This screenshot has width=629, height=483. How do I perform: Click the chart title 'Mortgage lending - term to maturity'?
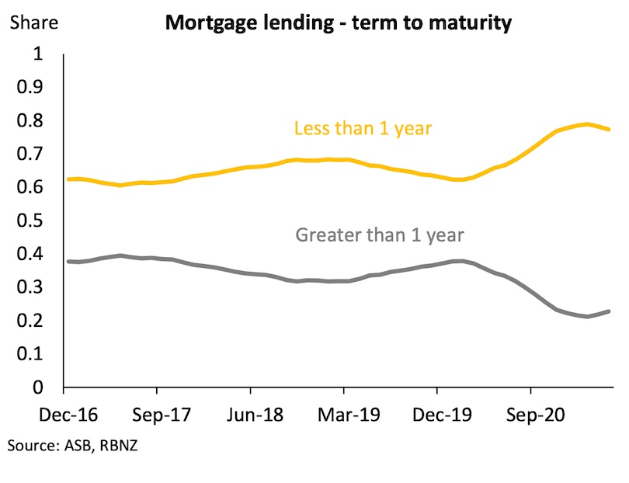tap(337, 23)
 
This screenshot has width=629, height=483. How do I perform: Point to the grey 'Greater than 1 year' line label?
tap(380, 234)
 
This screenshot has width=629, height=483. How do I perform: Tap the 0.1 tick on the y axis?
tap(33, 354)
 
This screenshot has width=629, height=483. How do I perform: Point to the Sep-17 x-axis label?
tap(157, 415)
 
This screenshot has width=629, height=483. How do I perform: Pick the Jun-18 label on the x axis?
tap(249, 415)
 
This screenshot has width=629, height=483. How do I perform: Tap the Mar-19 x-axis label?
tap(344, 415)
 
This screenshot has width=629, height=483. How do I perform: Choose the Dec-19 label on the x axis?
tap(436, 415)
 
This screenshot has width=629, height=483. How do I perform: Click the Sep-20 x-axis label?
tap(531, 415)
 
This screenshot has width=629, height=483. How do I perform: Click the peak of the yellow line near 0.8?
tap(588, 124)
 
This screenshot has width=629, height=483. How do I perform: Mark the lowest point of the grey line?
tap(588, 317)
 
